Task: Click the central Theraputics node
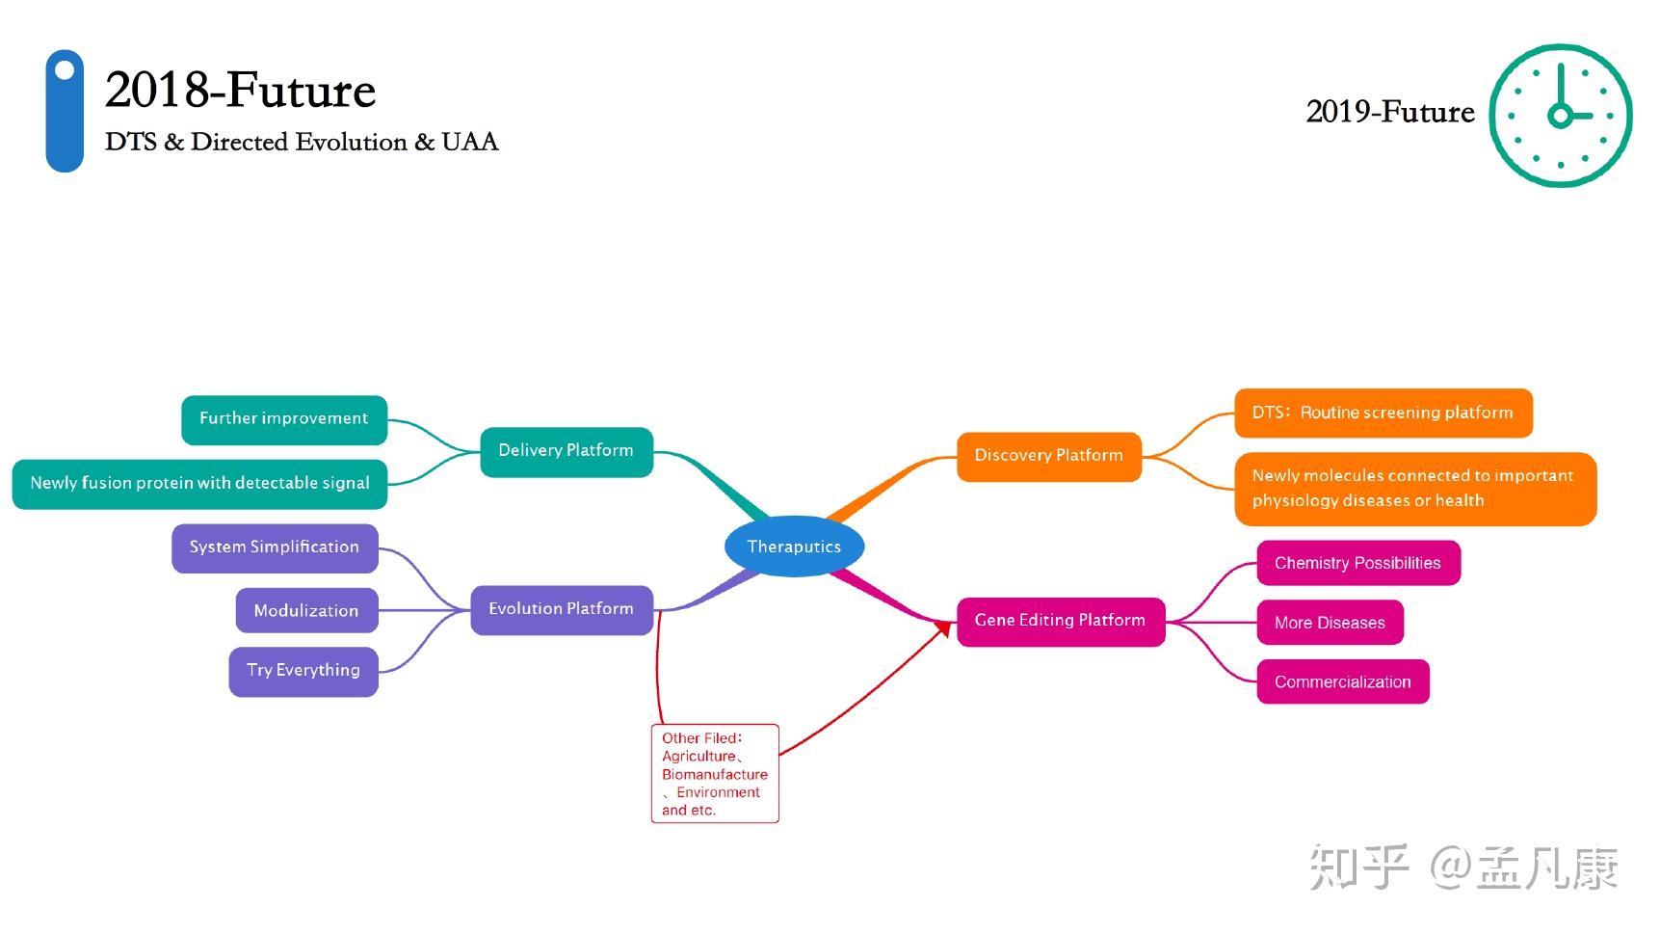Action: pyautogui.click(x=794, y=547)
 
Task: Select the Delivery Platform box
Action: pyautogui.click(x=567, y=451)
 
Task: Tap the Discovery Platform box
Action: pyautogui.click(x=1048, y=456)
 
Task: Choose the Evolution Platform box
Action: pyautogui.click(x=561, y=609)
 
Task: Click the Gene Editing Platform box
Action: pyautogui.click(x=1060, y=621)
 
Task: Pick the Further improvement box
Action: pyautogui.click(x=284, y=419)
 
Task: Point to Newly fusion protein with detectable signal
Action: pyautogui.click(x=199, y=483)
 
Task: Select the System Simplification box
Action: pyautogui.click(x=275, y=547)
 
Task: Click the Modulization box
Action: pyautogui.click(x=306, y=611)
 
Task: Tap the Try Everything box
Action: pyautogui.click(x=303, y=671)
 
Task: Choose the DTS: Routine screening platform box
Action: pyautogui.click(x=1383, y=414)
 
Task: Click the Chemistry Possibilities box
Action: pyautogui.click(x=1357, y=563)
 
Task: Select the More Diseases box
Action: pyautogui.click(x=1330, y=623)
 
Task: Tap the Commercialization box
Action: pyautogui.click(x=1342, y=682)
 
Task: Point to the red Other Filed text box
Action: pyautogui.click(x=715, y=773)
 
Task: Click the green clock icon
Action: pyautogui.click(x=1560, y=116)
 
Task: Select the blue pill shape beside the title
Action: pyautogui.click(x=65, y=111)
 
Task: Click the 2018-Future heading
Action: pyautogui.click(x=240, y=91)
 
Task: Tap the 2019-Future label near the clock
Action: pyautogui.click(x=1389, y=112)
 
